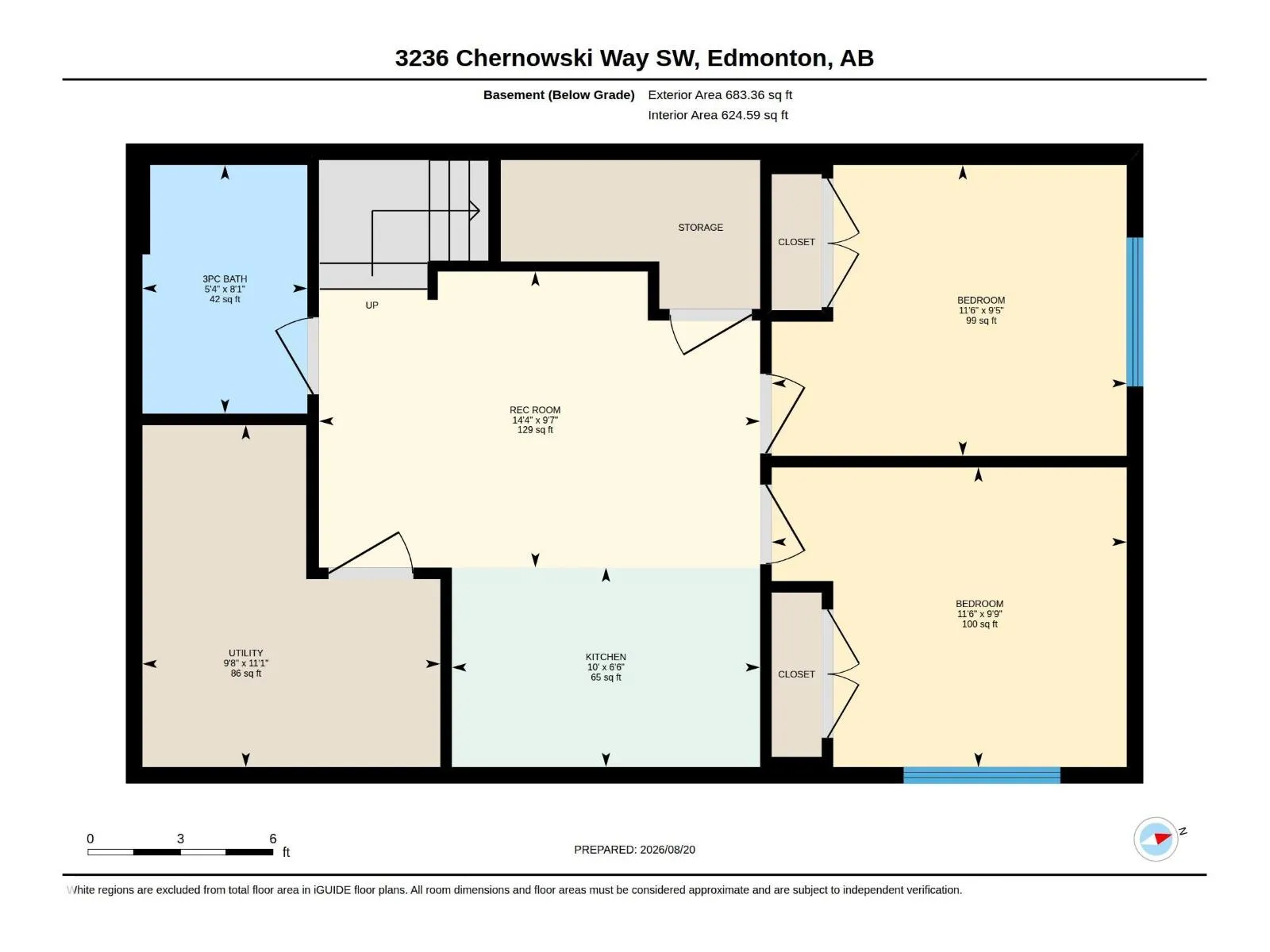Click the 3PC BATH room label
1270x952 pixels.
(225, 279)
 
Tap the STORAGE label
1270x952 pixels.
(700, 228)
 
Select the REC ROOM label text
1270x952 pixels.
(535, 410)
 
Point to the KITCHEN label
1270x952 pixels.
(605, 657)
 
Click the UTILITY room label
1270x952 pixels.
(245, 653)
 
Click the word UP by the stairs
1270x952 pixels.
(371, 305)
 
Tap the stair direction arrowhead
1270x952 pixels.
(475, 211)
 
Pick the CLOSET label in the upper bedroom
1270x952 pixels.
(796, 242)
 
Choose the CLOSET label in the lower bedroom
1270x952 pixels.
(796, 674)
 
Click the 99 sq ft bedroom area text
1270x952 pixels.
(981, 321)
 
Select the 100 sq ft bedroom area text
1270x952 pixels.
(979, 624)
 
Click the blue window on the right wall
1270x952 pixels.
(1134, 312)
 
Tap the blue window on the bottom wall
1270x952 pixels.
(981, 774)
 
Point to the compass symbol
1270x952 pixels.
(1156, 839)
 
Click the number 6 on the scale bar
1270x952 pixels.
(272, 838)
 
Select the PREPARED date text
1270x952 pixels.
(634, 849)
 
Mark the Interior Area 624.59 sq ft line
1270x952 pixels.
(718, 115)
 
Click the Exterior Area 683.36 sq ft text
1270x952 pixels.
(720, 94)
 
